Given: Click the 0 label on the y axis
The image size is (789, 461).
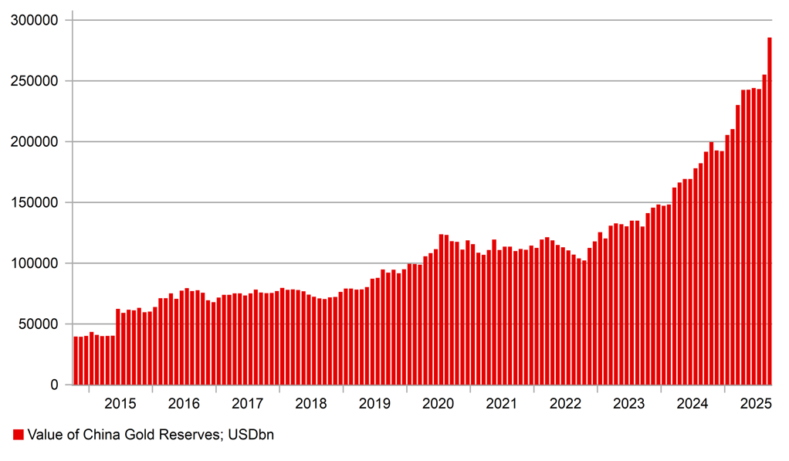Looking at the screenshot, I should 53,385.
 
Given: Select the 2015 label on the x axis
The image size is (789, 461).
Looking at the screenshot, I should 120,404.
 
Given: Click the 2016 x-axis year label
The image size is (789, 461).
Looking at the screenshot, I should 184,404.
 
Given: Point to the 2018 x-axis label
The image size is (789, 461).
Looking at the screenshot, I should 311,404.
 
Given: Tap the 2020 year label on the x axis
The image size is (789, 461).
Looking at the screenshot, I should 439,404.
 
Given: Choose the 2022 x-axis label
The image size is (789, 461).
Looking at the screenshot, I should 566,404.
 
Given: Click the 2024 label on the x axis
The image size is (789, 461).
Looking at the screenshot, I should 692,404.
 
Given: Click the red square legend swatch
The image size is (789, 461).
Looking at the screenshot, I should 18,436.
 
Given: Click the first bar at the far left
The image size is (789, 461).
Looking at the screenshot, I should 76,361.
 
